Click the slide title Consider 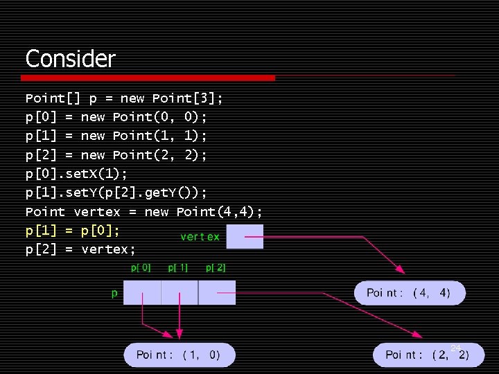coord(70,58)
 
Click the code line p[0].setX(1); coord(76,173)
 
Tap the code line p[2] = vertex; coord(80,249)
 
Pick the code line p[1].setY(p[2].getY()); coord(116,192)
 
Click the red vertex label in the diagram coord(200,237)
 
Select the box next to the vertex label coord(245,236)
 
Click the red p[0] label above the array coord(141,267)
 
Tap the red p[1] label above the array coord(178,267)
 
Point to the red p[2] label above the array coord(216,267)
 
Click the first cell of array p coord(142,292)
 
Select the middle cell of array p coord(180,292)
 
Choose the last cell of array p coord(217,292)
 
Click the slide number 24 coord(455,348)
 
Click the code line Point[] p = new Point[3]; coord(124,98)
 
